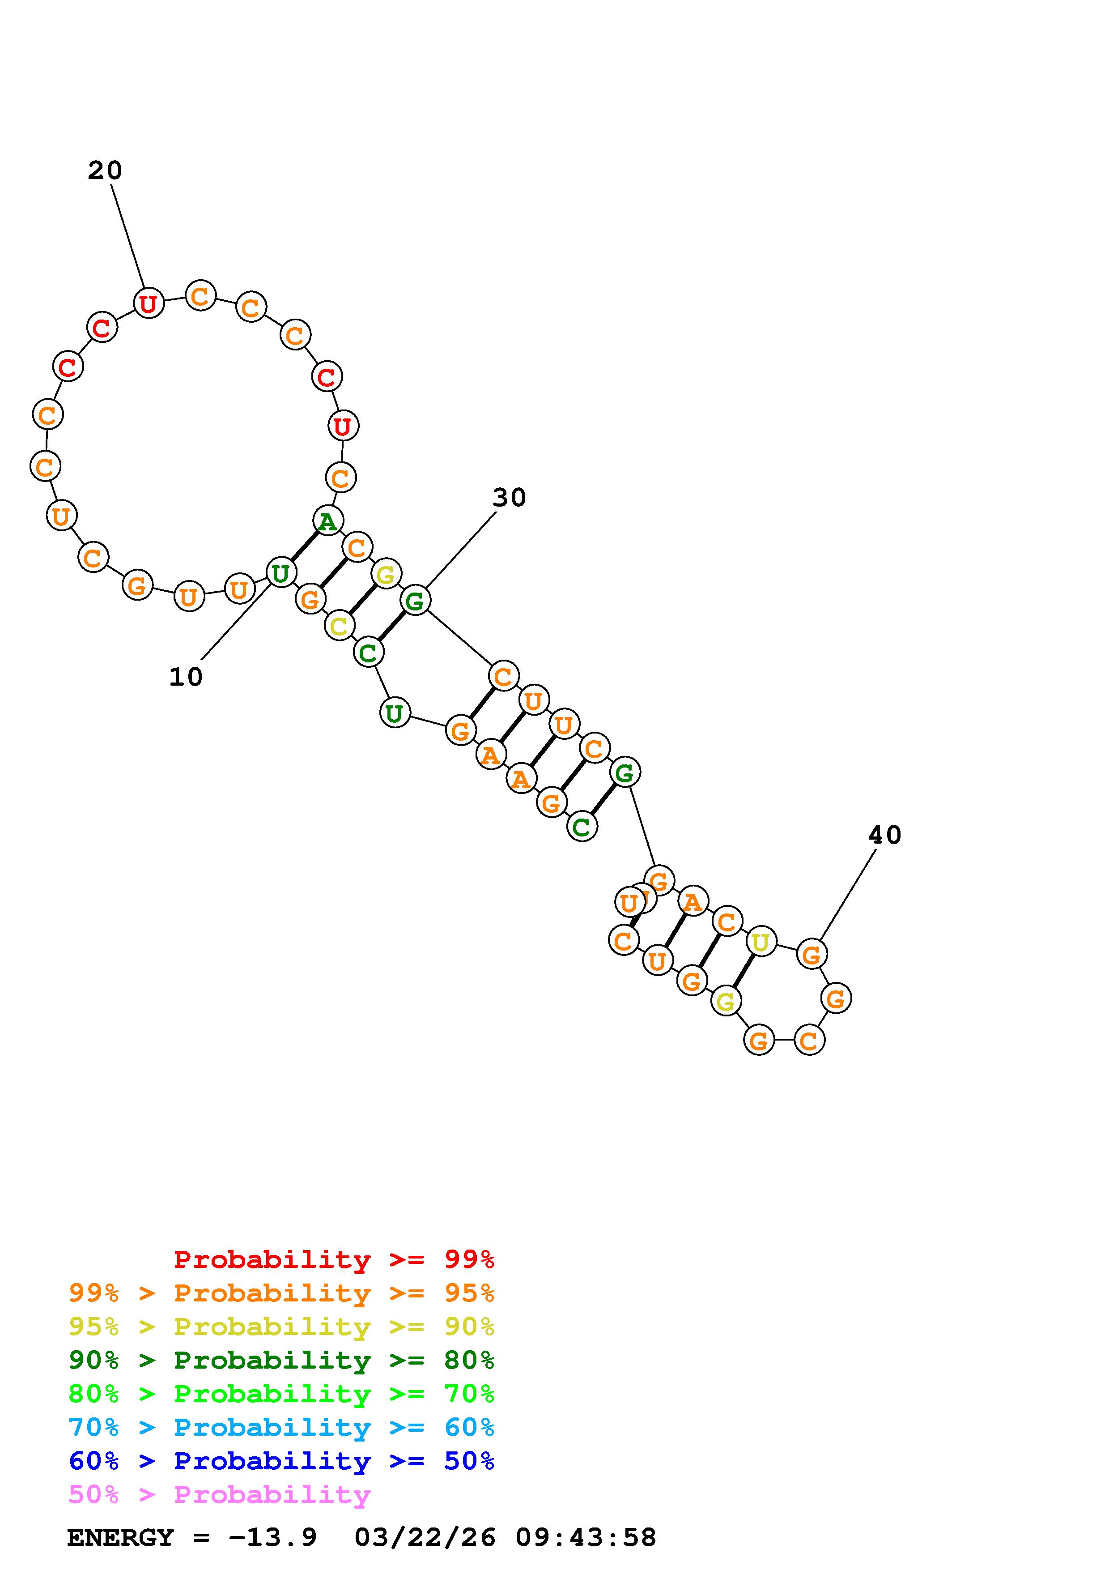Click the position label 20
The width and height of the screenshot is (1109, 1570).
click(x=105, y=170)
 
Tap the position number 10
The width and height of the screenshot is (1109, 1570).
click(x=186, y=677)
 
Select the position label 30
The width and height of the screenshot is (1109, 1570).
click(x=509, y=498)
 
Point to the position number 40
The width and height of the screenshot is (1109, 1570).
click(x=885, y=835)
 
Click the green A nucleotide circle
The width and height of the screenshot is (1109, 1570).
click(x=327, y=521)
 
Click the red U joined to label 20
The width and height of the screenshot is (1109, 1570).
click(x=148, y=303)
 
